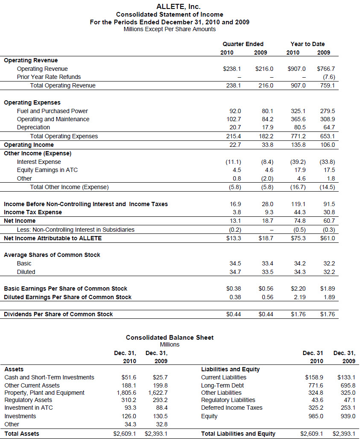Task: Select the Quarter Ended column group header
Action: point(243,44)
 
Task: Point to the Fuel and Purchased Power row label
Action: point(53,111)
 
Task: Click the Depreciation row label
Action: point(33,127)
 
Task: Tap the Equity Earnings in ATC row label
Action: point(47,170)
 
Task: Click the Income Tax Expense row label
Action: point(33,212)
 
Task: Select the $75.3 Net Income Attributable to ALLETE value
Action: point(299,238)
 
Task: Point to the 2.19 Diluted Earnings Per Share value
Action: point(299,297)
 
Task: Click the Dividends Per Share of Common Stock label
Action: point(59,314)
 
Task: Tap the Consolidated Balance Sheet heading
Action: point(170,338)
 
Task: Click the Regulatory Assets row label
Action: point(28,400)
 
